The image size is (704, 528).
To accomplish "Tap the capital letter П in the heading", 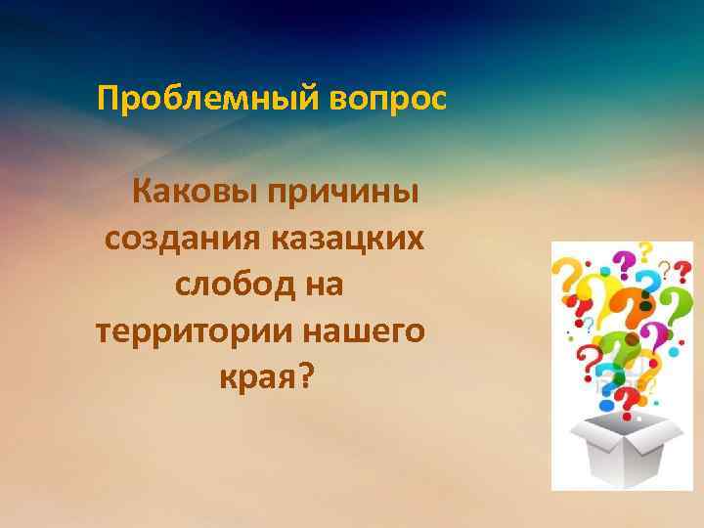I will [107, 99].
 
